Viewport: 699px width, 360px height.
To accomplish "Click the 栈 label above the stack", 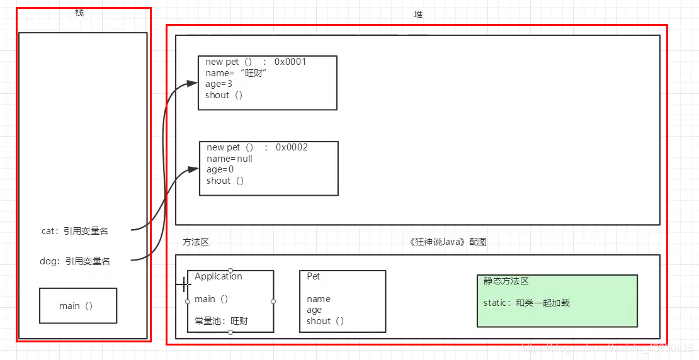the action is [x=79, y=13].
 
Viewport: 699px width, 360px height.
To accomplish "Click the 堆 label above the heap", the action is [x=418, y=14].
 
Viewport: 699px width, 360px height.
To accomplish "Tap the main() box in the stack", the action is [x=78, y=306].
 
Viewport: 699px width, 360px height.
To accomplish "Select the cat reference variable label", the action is [x=75, y=231].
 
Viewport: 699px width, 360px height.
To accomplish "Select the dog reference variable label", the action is [x=75, y=261].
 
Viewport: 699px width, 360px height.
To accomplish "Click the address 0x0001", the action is [x=290, y=62].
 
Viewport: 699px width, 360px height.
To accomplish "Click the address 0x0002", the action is [x=292, y=147].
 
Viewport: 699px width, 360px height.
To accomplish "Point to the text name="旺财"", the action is [x=237, y=73].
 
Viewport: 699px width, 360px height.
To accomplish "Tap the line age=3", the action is [x=219, y=84].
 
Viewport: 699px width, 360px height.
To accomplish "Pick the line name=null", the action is [x=229, y=159].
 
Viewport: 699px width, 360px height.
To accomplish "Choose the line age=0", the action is [x=220, y=169].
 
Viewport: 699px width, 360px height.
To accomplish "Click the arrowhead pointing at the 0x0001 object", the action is [x=193, y=83].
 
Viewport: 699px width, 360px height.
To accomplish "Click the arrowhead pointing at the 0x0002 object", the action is [x=193, y=169].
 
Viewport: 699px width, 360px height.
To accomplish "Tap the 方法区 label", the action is [x=195, y=242].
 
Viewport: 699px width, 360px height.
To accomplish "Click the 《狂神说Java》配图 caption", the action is [x=447, y=242].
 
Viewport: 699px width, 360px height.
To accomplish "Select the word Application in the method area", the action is [x=219, y=276].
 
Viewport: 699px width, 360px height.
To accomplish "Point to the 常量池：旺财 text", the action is [x=222, y=321].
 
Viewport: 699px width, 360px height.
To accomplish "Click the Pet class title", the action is [x=314, y=276].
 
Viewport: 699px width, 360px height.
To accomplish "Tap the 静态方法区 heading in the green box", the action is [x=506, y=281].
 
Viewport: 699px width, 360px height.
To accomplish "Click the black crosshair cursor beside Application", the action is [x=183, y=284].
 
